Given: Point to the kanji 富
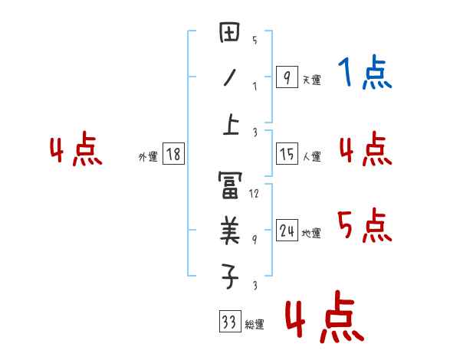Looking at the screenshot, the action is pyautogui.click(x=230, y=185).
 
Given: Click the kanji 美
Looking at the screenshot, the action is pyautogui.click(x=230, y=230).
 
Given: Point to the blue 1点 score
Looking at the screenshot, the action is pyautogui.click(x=365, y=74).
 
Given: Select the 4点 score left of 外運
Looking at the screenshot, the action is pyautogui.click(x=77, y=151).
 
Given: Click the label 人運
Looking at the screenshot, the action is pyautogui.click(x=312, y=157).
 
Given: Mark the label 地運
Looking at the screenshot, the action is pyautogui.click(x=312, y=234).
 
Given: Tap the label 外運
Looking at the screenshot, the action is pyautogui.click(x=148, y=157).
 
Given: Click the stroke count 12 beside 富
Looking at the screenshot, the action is pyautogui.click(x=255, y=194).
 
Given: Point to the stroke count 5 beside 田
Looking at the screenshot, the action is pyautogui.click(x=255, y=40).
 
